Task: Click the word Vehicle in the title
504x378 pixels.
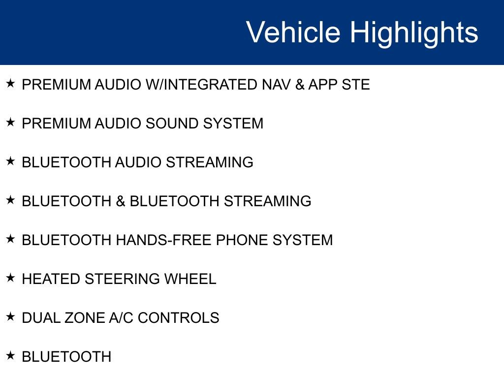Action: pyautogui.click(x=293, y=32)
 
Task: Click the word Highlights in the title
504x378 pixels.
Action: pyautogui.click(x=414, y=33)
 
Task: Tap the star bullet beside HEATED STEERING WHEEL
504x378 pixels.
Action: pyautogui.click(x=10, y=278)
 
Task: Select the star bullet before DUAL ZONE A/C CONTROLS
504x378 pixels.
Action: pyautogui.click(x=10, y=316)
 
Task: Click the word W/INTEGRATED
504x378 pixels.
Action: pyautogui.click(x=201, y=85)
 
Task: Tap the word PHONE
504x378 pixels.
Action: pyautogui.click(x=242, y=240)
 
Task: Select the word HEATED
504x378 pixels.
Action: pyautogui.click(x=51, y=279)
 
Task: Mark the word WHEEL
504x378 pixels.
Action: pyautogui.click(x=190, y=279)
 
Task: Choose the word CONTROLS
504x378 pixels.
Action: pyautogui.click(x=178, y=318)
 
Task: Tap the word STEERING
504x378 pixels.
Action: pyautogui.click(x=122, y=279)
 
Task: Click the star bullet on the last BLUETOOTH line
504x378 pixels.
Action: pyautogui.click(x=10, y=355)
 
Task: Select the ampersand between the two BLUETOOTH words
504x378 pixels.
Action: pyautogui.click(x=120, y=201)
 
